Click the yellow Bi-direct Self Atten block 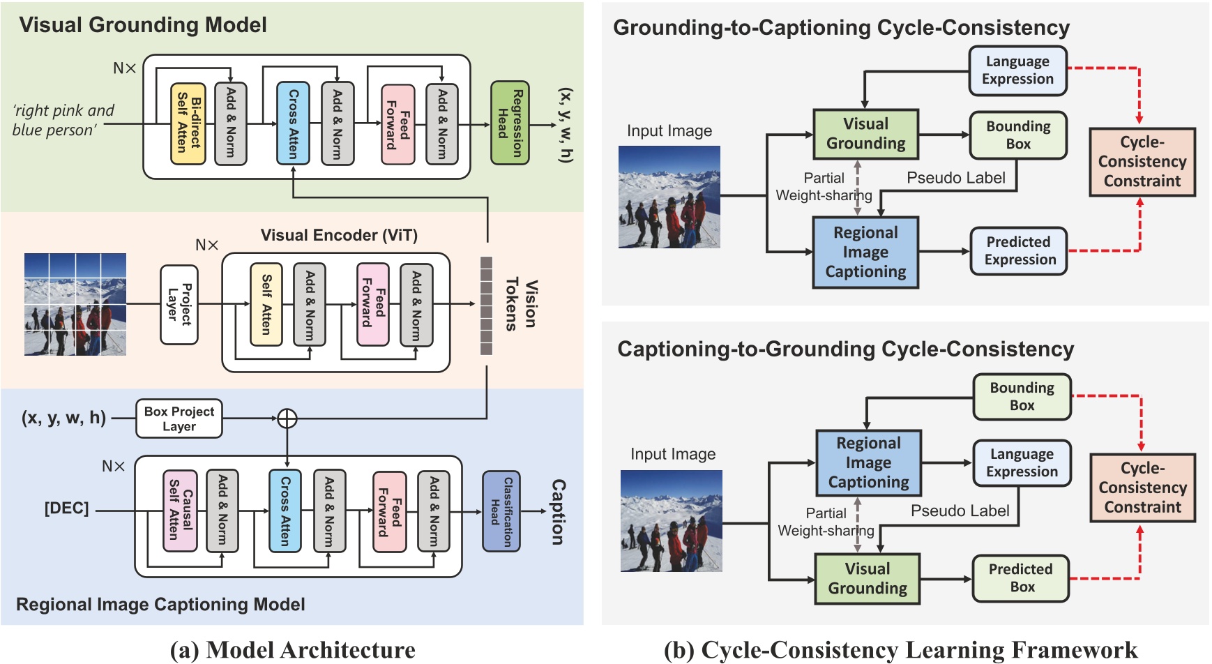point(188,123)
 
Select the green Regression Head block point(510,123)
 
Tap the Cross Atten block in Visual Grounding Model point(294,123)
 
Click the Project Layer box point(179,304)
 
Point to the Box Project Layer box point(179,418)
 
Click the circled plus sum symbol point(287,418)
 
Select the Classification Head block point(501,511)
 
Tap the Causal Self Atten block point(180,511)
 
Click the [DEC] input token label point(67,508)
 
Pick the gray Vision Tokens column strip point(486,305)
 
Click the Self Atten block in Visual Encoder point(266,304)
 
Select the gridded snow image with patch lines point(75,304)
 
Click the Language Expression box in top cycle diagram point(1017,70)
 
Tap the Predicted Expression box point(1019,251)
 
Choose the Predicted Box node point(1021,578)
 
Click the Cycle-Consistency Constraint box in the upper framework point(1142,162)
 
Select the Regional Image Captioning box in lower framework point(868,462)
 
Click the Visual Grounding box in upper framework point(865,134)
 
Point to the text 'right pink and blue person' point(63,120)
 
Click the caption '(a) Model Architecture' point(293,650)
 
